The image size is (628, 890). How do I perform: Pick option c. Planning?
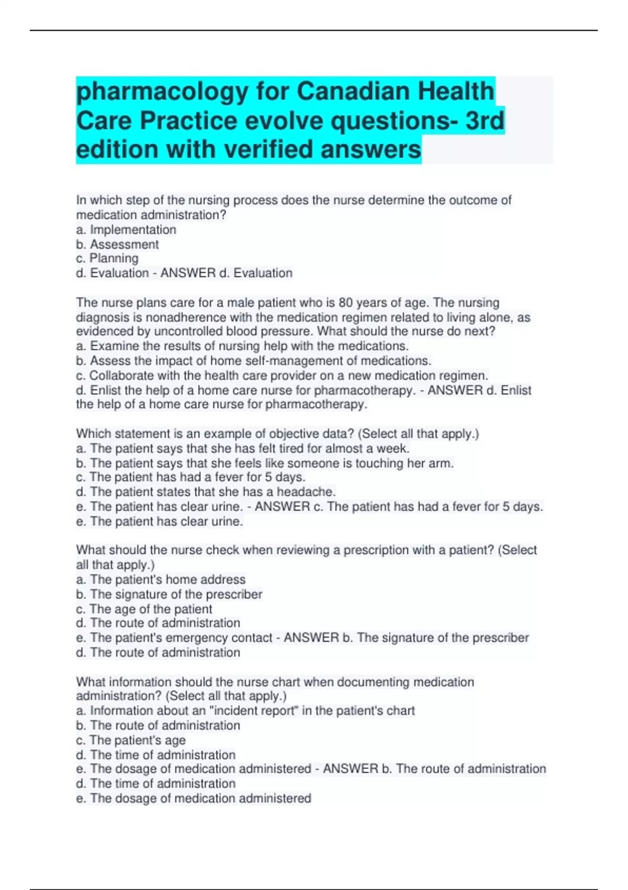coord(107,258)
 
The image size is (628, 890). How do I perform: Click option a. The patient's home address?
coord(161,579)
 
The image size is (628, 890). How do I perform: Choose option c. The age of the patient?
coord(144,609)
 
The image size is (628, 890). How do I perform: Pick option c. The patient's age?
coord(131,740)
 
